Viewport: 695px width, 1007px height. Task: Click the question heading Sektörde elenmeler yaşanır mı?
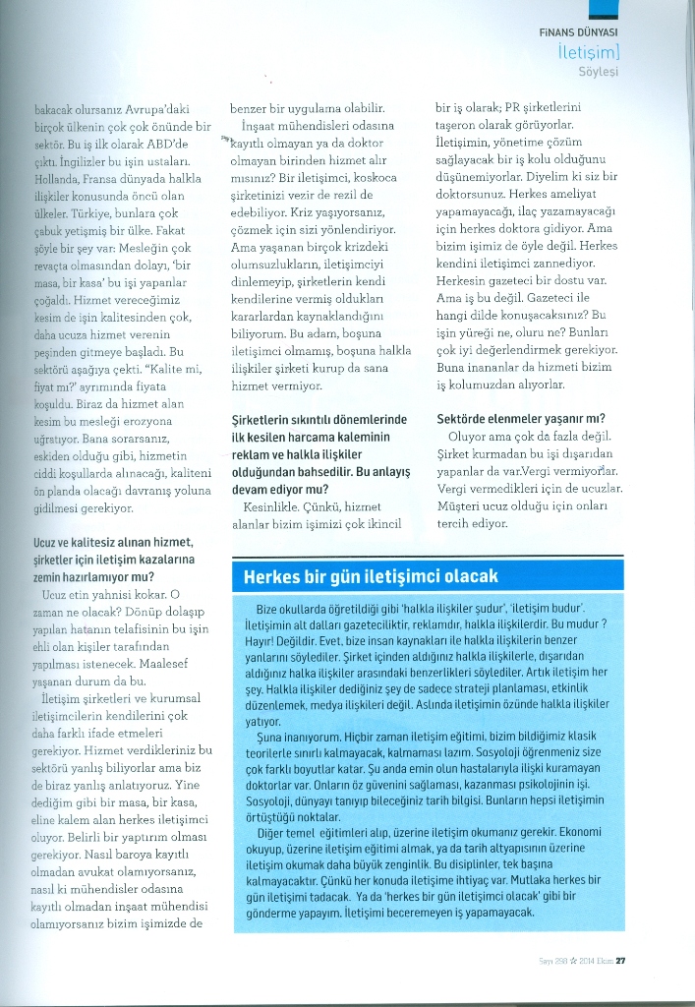coord(520,417)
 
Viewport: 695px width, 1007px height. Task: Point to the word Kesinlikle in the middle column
coord(271,506)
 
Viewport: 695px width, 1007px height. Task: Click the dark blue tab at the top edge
coord(604,9)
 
